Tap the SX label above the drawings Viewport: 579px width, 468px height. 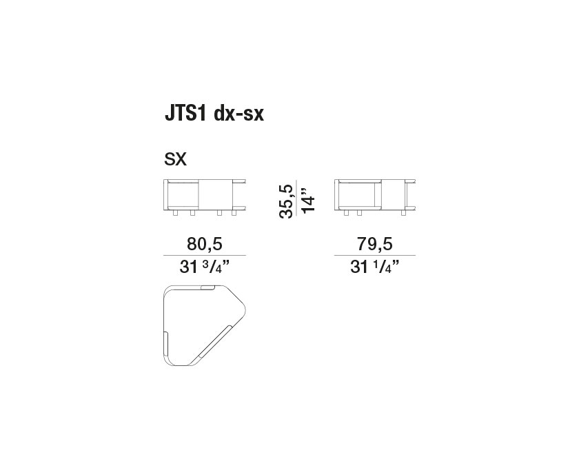coord(175,160)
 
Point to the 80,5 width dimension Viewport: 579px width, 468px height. coord(205,243)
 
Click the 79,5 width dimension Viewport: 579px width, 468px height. coord(376,243)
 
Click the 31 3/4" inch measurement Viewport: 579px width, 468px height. coord(205,267)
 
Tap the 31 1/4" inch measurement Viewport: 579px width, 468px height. coord(376,267)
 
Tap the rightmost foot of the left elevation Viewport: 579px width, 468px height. coord(234,214)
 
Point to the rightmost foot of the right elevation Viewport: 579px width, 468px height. coord(405,214)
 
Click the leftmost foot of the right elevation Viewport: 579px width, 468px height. coord(347,214)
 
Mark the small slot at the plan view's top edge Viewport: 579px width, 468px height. coord(207,286)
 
